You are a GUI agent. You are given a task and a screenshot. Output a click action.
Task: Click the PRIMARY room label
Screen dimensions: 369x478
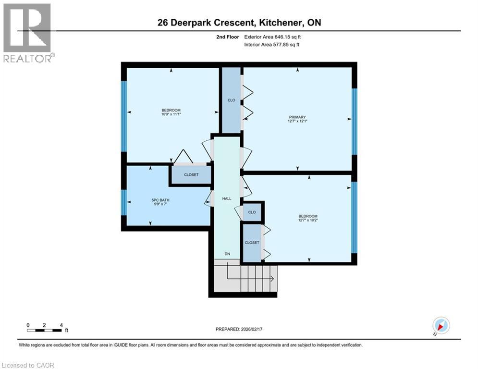click(x=297, y=117)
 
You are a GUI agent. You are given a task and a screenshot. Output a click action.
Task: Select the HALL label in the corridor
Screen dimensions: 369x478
click(x=226, y=198)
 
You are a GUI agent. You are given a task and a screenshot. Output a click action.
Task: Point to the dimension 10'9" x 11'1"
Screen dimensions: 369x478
click(x=171, y=114)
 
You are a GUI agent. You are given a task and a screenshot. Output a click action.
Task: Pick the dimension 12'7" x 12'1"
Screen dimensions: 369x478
click(x=297, y=121)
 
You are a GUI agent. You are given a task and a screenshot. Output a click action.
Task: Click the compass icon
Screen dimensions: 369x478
click(x=441, y=325)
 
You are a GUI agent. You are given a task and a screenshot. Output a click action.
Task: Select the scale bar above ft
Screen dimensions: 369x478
click(x=44, y=330)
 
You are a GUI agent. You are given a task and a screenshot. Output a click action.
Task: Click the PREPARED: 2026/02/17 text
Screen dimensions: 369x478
click(x=239, y=329)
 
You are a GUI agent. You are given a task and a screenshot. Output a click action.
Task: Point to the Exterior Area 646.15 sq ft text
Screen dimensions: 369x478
click(x=274, y=37)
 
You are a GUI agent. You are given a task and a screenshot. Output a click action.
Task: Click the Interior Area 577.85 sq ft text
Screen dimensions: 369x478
click(x=274, y=45)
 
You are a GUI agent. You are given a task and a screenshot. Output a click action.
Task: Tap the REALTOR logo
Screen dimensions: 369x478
click(x=27, y=33)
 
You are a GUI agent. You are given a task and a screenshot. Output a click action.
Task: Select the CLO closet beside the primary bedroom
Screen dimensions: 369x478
click(x=231, y=100)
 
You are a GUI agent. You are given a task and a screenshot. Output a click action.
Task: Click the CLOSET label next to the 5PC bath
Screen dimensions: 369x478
click(x=191, y=175)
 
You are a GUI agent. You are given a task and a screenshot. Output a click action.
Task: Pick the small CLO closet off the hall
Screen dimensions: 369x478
click(x=252, y=212)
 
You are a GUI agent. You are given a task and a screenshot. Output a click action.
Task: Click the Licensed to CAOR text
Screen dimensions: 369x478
click(x=28, y=365)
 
